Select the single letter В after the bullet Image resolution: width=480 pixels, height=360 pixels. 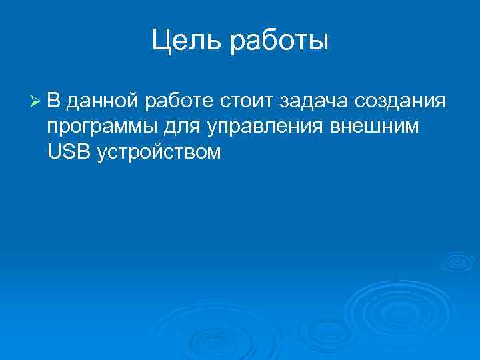(54, 101)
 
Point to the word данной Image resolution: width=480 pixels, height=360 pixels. (103, 103)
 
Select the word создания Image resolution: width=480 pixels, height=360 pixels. (400, 103)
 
